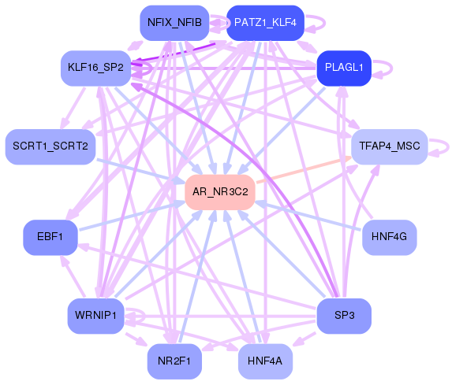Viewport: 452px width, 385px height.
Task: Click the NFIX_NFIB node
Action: click(x=174, y=22)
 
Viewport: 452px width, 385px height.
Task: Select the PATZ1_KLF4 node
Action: click(x=265, y=22)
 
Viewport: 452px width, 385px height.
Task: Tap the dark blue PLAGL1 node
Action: click(x=343, y=68)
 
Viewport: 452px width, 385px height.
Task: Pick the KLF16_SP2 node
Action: click(x=95, y=68)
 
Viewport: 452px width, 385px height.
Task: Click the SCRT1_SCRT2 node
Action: click(x=50, y=146)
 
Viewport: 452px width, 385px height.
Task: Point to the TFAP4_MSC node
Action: click(x=389, y=146)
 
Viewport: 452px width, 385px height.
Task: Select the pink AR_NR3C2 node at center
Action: click(x=219, y=191)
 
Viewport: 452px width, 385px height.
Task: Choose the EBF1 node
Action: click(x=50, y=236)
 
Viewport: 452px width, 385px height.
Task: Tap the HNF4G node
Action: click(x=389, y=236)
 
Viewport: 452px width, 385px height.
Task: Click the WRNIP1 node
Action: click(x=95, y=316)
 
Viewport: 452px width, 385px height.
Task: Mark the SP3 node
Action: click(x=343, y=316)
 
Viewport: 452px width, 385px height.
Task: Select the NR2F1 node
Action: click(x=174, y=361)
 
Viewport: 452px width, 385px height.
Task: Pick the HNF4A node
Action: click(x=265, y=361)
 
